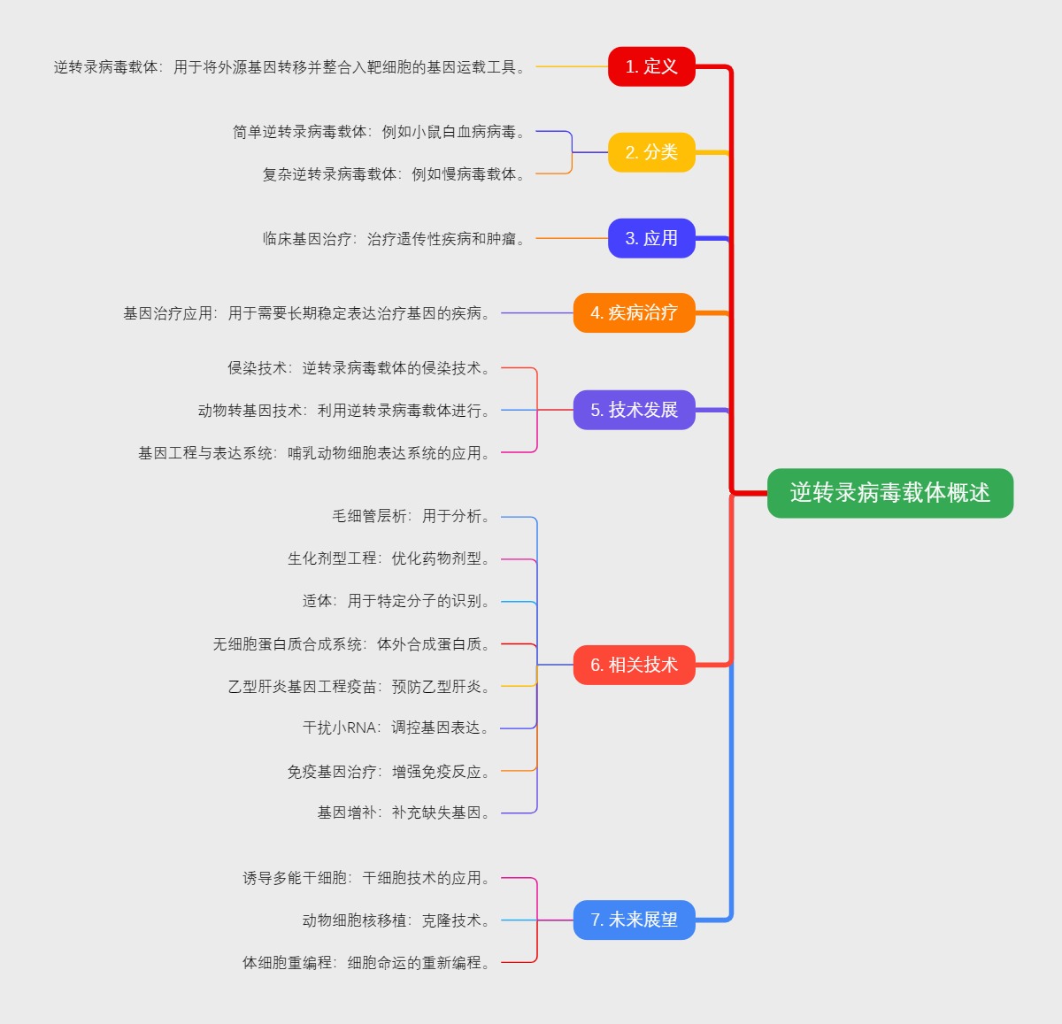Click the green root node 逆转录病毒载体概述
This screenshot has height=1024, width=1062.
click(889, 493)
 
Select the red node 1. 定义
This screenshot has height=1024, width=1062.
click(651, 66)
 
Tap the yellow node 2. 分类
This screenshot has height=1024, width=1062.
click(651, 152)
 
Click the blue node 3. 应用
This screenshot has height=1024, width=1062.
click(651, 238)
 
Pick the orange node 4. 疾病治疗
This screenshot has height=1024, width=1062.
click(634, 312)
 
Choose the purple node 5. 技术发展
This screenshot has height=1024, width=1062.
click(634, 410)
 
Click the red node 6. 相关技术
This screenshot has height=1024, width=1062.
click(634, 665)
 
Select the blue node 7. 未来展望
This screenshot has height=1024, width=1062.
click(634, 920)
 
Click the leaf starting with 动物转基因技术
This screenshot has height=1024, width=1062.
click(344, 411)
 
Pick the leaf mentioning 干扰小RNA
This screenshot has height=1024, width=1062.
click(396, 728)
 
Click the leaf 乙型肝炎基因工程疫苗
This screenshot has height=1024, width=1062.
click(359, 687)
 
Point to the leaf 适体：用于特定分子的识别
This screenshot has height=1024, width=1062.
click(396, 601)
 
